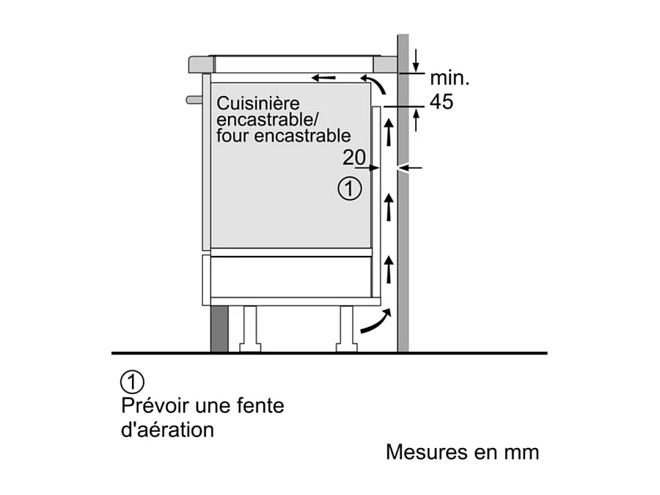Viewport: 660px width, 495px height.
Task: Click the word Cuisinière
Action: [x=258, y=103]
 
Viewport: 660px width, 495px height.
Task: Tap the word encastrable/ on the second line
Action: [x=268, y=120]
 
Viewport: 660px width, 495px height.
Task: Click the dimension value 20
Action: [x=354, y=158]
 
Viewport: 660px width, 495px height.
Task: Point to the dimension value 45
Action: [x=441, y=102]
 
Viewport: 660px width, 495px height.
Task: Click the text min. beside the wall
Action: [x=450, y=78]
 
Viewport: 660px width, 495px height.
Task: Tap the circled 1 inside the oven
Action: [x=349, y=189]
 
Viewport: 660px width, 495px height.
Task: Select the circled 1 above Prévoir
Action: [x=132, y=382]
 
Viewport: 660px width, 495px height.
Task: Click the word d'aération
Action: [x=167, y=430]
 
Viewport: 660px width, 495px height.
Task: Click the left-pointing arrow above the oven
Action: [x=323, y=78]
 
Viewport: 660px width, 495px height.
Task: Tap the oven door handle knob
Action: [x=194, y=100]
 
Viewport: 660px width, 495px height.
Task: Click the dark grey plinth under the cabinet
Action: [x=219, y=329]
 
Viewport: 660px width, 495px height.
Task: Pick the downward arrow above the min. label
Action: [x=416, y=61]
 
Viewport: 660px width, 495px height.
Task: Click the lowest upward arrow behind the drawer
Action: [x=389, y=269]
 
